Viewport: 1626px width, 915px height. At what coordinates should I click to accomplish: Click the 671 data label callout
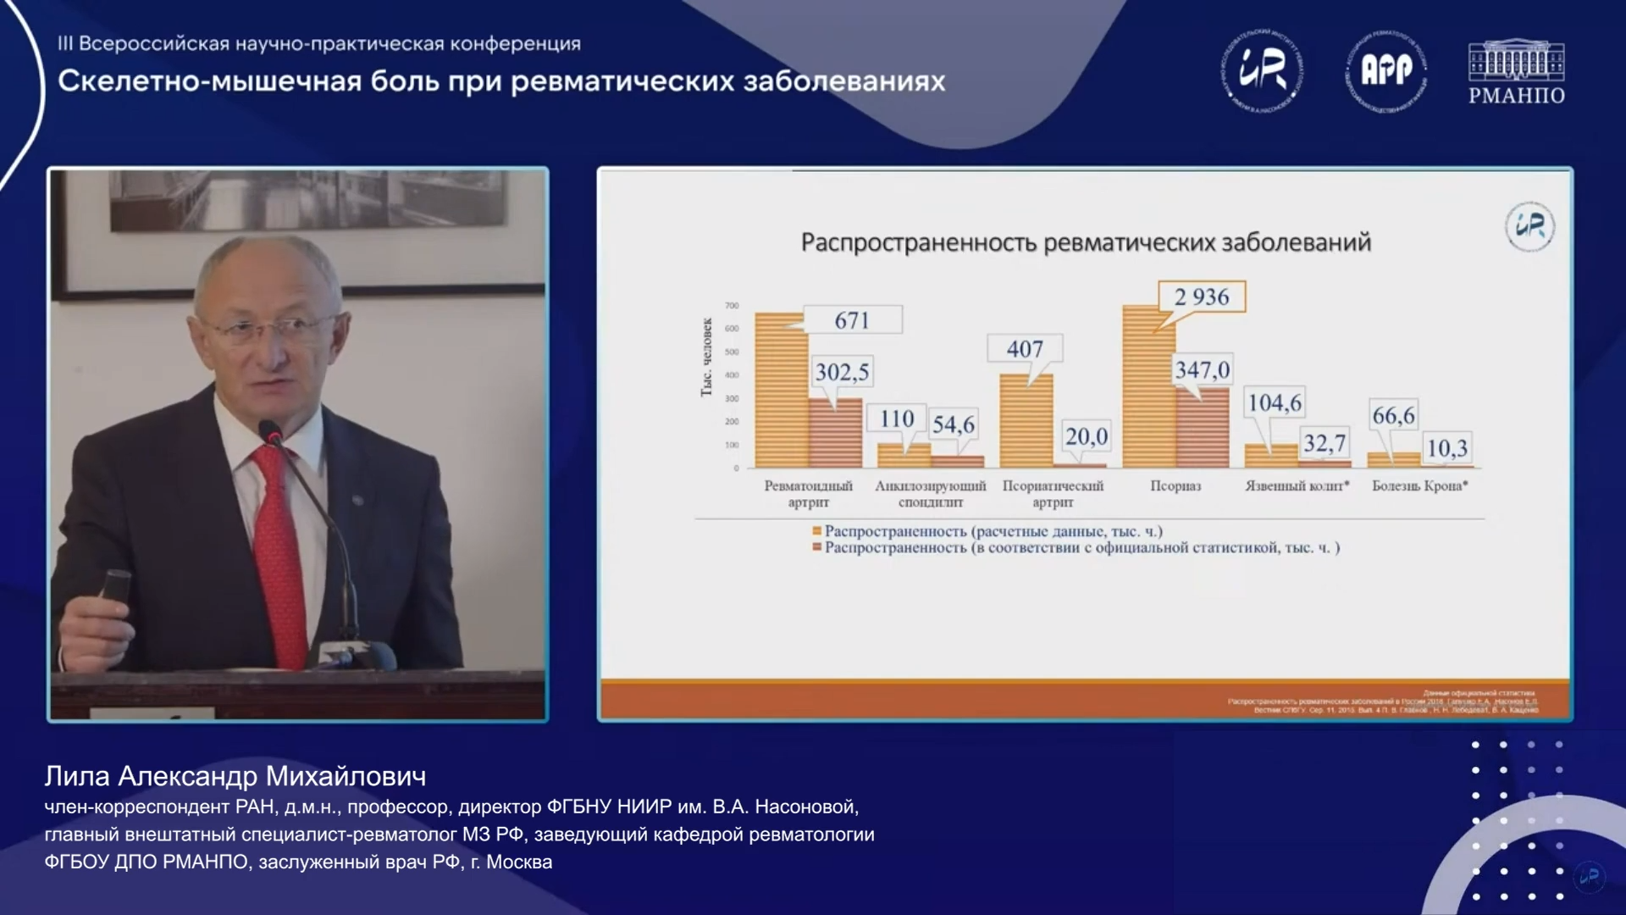click(x=852, y=320)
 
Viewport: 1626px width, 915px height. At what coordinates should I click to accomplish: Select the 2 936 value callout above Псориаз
click(x=1201, y=297)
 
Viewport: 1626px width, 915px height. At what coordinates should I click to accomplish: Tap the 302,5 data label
click(x=842, y=372)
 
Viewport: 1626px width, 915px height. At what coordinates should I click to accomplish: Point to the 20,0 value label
click(x=1086, y=436)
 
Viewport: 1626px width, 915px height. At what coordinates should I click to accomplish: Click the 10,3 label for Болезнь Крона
click(x=1446, y=447)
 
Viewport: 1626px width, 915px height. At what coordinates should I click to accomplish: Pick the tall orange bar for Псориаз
click(x=1148, y=390)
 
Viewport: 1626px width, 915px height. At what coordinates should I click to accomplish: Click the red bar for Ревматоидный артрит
click(x=835, y=434)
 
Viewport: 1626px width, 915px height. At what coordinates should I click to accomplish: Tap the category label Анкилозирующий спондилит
click(x=930, y=494)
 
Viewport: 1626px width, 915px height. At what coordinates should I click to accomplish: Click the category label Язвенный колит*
click(x=1297, y=485)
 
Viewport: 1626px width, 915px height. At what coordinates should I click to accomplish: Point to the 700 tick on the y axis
click(x=732, y=306)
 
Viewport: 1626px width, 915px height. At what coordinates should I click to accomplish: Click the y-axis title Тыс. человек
click(x=706, y=358)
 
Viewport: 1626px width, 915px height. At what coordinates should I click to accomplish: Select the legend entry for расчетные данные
click(x=991, y=531)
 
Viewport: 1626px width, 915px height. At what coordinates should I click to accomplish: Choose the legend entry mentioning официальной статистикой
click(x=1080, y=548)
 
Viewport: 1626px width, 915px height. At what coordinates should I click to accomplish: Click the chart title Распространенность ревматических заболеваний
click(x=1085, y=242)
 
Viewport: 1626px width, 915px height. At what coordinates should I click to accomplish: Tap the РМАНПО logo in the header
click(x=1516, y=73)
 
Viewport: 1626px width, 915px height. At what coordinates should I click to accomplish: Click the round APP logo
click(x=1385, y=71)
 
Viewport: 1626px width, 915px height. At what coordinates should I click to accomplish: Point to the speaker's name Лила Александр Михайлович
click(x=235, y=776)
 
